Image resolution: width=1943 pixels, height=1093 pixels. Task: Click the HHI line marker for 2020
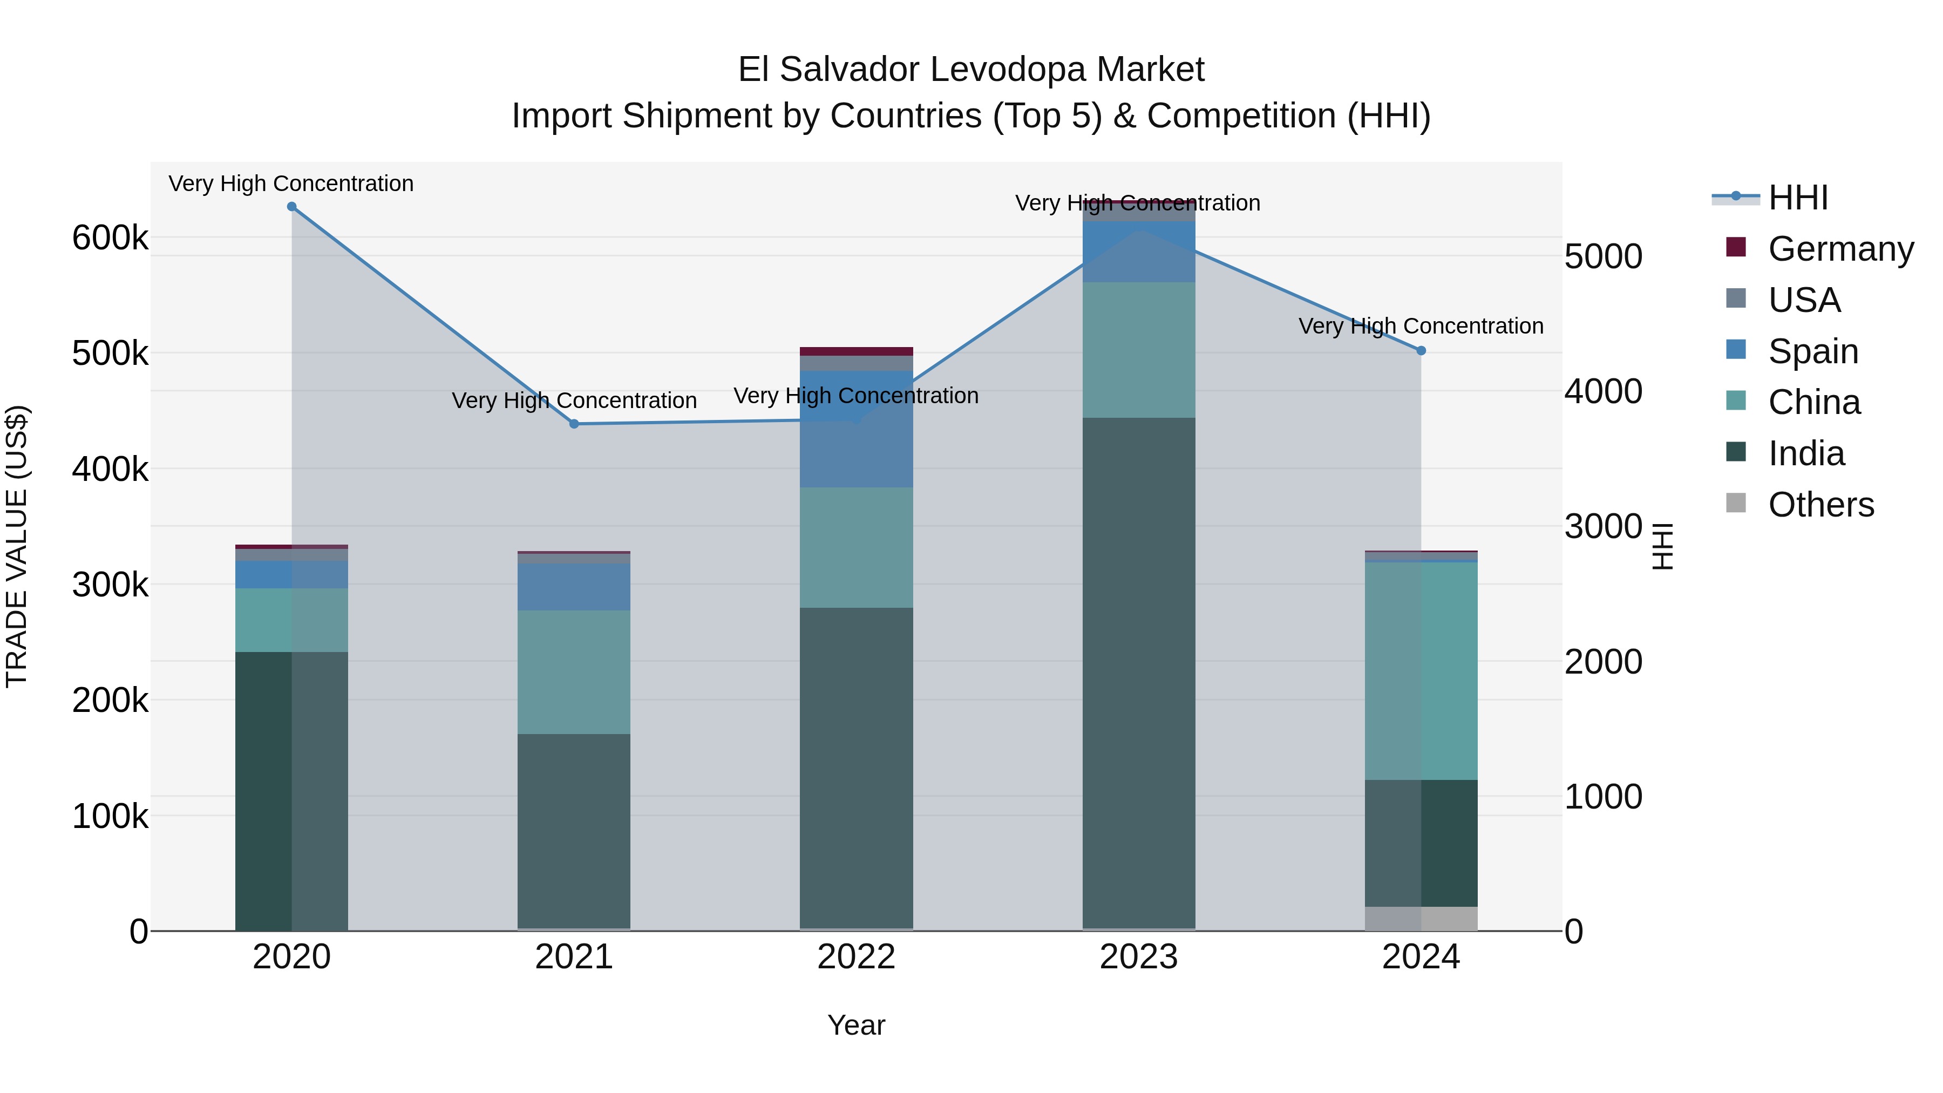(x=292, y=207)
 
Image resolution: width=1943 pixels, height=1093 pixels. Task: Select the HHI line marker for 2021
(x=574, y=424)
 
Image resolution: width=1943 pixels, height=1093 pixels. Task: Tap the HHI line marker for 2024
(x=1421, y=351)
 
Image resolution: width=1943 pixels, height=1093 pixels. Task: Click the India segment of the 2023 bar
(x=1139, y=671)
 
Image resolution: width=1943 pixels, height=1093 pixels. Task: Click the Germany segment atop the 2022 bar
(x=856, y=351)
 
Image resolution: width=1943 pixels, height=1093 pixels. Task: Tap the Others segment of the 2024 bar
(x=1421, y=918)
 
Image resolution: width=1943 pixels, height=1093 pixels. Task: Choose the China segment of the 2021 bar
(x=574, y=672)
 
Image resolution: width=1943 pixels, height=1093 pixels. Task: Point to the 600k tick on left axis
(x=110, y=239)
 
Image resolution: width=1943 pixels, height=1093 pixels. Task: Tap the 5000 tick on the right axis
(x=1603, y=256)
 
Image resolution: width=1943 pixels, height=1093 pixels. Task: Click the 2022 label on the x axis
(x=856, y=957)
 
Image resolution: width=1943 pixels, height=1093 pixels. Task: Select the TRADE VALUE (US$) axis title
(x=17, y=546)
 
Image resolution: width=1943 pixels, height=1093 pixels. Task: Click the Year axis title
(x=856, y=1025)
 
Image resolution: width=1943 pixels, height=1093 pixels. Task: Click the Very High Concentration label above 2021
(x=574, y=400)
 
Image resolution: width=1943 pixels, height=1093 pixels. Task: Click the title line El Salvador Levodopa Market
(x=971, y=70)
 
